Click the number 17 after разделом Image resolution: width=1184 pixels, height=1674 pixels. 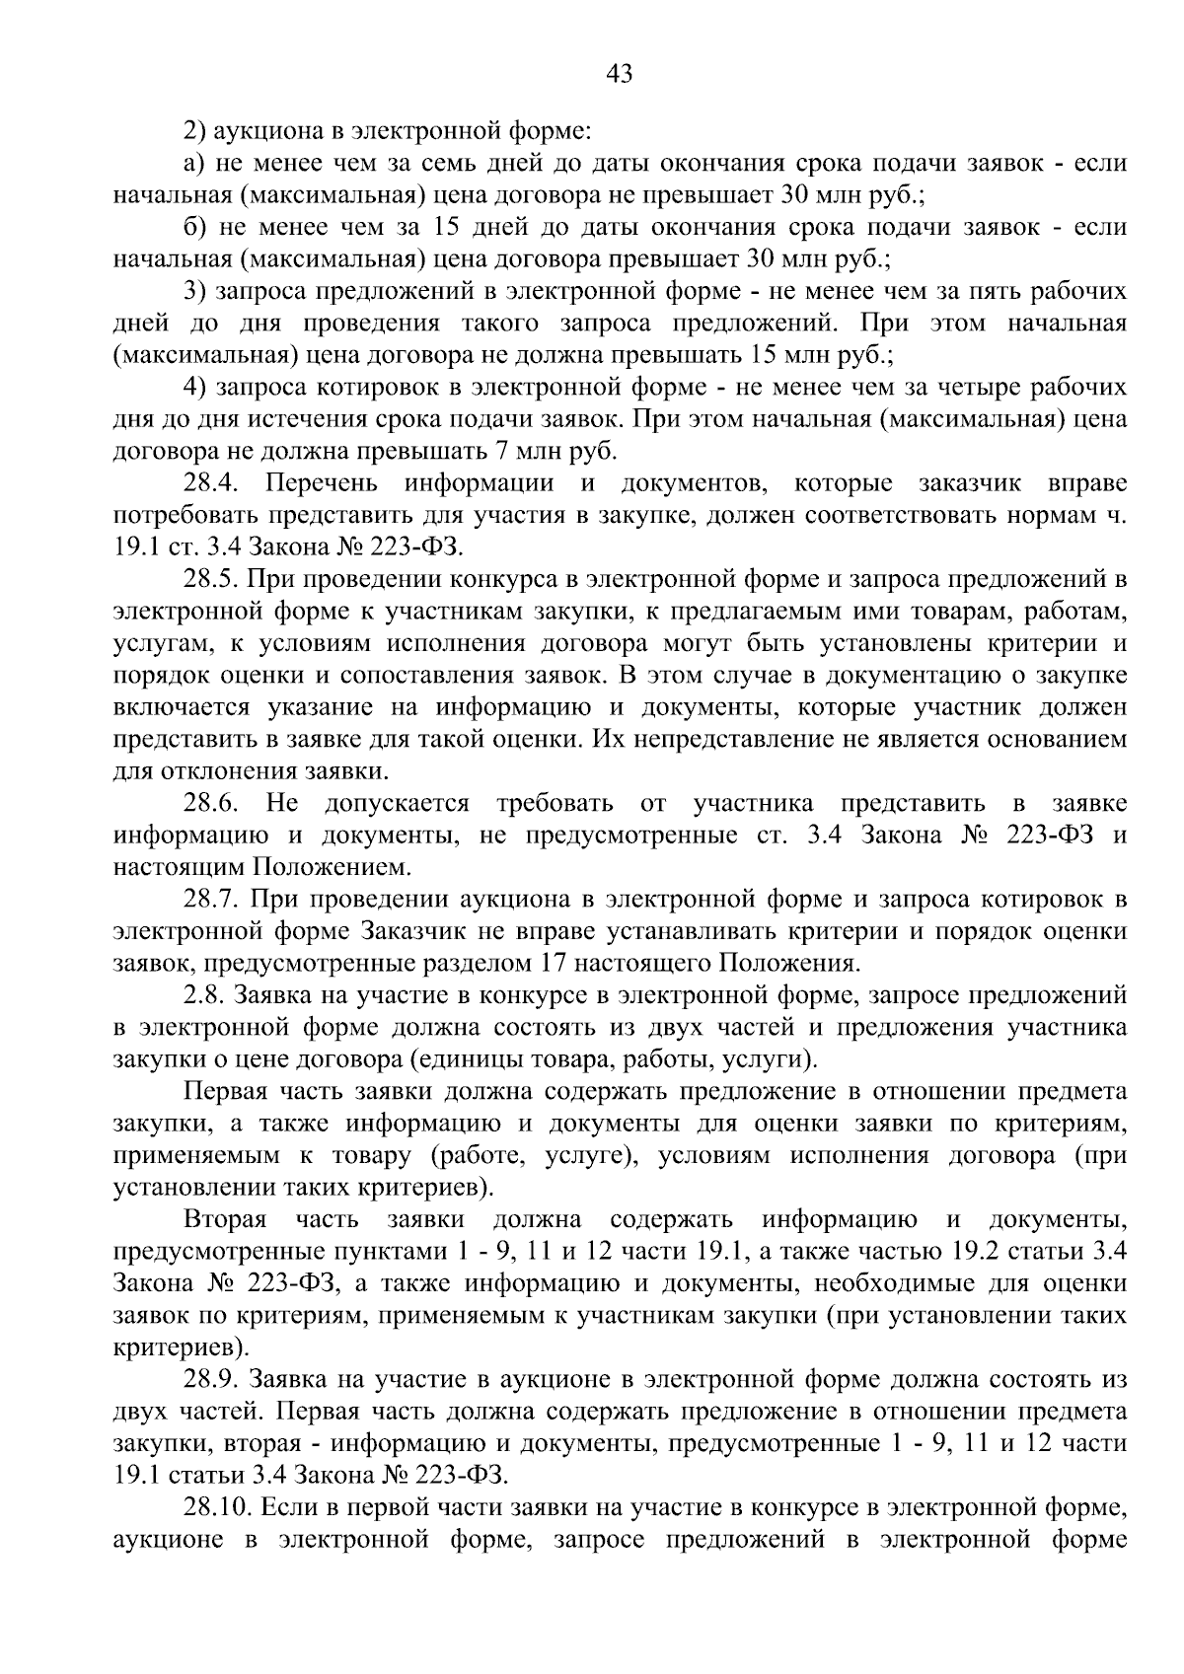(x=552, y=963)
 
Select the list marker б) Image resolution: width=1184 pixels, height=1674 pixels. (x=195, y=228)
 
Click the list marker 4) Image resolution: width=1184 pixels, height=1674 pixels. (x=195, y=388)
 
